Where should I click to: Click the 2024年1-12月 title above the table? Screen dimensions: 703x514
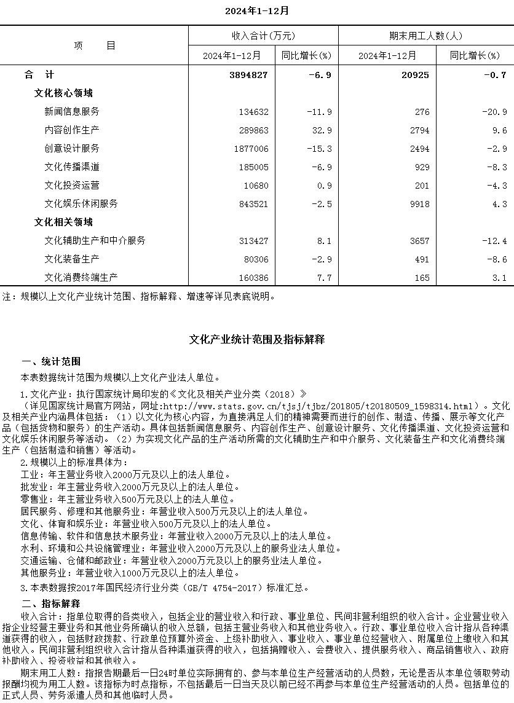256,10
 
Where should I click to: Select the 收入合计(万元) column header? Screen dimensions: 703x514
263,36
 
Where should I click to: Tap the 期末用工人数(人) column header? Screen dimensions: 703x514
426,36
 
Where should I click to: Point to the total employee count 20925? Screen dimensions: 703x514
417,75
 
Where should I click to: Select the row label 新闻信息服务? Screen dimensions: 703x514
72,112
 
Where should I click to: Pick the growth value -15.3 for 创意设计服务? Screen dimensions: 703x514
319,149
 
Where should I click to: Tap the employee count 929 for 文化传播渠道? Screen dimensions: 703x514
421,167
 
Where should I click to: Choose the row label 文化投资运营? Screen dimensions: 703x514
72,186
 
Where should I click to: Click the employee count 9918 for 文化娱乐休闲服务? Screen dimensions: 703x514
419,204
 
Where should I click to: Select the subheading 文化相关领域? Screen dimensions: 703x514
63,222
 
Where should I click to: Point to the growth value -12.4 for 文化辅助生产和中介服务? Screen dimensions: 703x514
494,241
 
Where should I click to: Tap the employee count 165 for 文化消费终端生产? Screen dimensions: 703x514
422,278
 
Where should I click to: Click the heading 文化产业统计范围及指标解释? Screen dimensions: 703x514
256,339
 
